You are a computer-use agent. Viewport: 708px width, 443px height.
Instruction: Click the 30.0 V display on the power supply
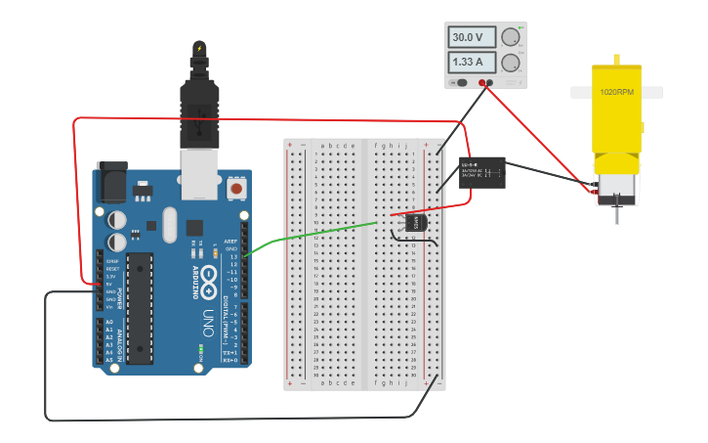pyautogui.click(x=468, y=37)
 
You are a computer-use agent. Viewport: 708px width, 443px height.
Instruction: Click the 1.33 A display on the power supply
pyautogui.click(x=468, y=63)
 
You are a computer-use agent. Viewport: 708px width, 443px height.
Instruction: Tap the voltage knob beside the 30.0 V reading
pyautogui.click(x=511, y=37)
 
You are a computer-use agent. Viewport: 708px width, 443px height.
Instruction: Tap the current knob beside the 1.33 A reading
pyautogui.click(x=511, y=64)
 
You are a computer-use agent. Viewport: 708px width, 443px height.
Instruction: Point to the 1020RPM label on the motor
pyautogui.click(x=616, y=92)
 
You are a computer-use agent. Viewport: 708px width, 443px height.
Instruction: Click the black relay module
pyautogui.click(x=482, y=172)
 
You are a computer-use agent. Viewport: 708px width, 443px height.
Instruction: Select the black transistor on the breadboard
pyautogui.click(x=416, y=223)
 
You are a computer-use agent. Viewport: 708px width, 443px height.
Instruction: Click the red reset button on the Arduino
pyautogui.click(x=235, y=188)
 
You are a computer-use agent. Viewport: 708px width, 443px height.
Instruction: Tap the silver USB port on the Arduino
pyautogui.click(x=200, y=167)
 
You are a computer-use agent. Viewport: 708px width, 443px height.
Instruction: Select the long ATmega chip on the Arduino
pyautogui.click(x=140, y=308)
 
